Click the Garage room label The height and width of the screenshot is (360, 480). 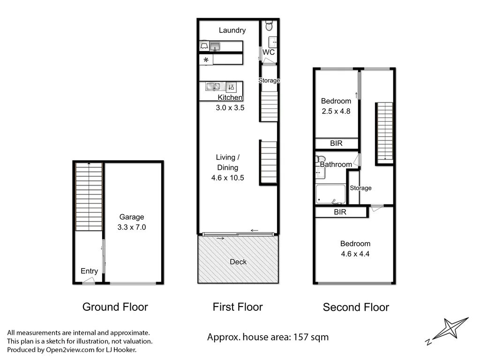pyautogui.click(x=131, y=217)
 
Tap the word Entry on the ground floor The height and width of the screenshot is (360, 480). pyautogui.click(x=89, y=271)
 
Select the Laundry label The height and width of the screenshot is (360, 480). pyautogui.click(x=232, y=30)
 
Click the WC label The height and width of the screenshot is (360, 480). pyautogui.click(x=269, y=52)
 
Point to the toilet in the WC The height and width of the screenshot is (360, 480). pyautogui.click(x=269, y=24)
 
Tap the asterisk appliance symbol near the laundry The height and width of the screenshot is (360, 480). pyautogui.click(x=205, y=60)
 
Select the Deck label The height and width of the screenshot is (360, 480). pyautogui.click(x=238, y=262)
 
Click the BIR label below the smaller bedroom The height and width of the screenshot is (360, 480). pyautogui.click(x=336, y=143)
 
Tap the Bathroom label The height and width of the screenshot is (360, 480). pyautogui.click(x=336, y=165)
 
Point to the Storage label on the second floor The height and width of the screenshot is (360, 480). pyautogui.click(x=360, y=188)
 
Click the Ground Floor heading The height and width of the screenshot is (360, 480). pyautogui.click(x=115, y=307)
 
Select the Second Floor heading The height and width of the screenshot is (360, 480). pyautogui.click(x=356, y=307)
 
